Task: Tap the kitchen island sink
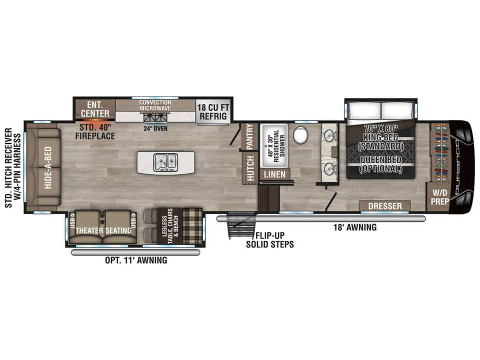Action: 165,162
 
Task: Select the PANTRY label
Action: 250,136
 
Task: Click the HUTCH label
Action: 250,168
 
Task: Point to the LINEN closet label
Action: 274,174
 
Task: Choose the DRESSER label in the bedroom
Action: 385,205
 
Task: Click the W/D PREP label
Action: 440,197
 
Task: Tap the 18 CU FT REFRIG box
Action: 213,111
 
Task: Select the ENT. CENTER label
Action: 95,109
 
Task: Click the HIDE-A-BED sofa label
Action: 48,167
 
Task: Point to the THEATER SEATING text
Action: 103,230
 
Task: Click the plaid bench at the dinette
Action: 192,224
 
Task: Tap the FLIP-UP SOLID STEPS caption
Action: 270,239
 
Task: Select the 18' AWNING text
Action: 355,227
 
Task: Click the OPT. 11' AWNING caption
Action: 136,260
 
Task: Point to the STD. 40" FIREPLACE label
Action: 95,131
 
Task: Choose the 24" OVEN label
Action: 155,128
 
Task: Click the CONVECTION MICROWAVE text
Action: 155,105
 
